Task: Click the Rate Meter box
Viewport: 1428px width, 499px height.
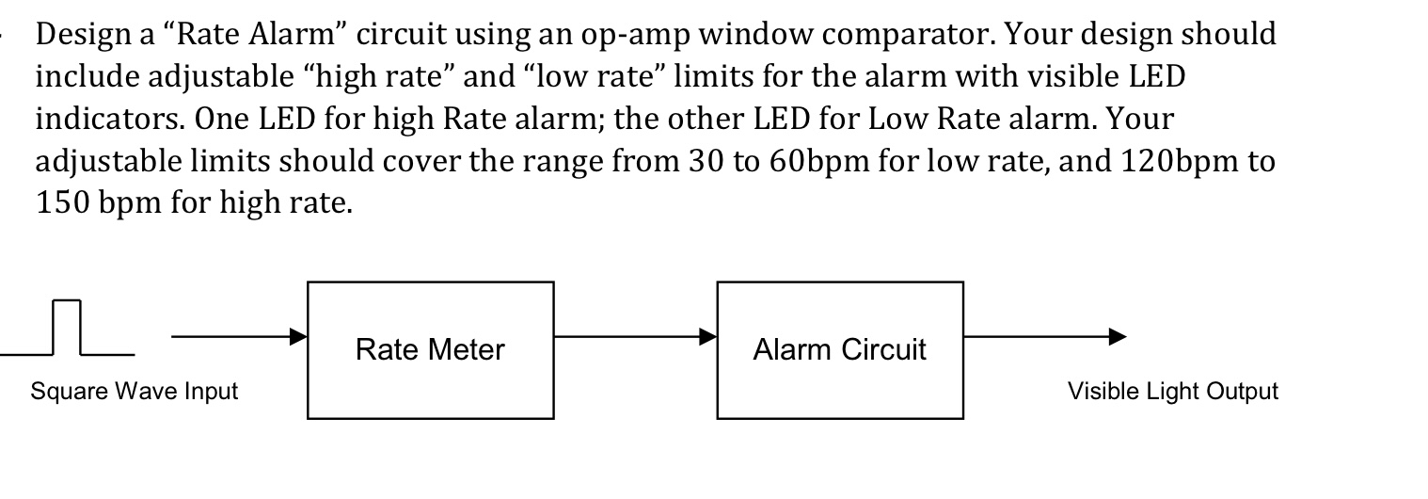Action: point(430,350)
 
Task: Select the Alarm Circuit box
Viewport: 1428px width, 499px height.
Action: point(839,350)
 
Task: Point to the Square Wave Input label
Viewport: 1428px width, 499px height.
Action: point(135,392)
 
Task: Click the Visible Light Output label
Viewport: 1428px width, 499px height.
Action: point(1172,392)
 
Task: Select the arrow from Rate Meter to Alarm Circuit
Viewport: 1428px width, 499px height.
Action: point(635,336)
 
